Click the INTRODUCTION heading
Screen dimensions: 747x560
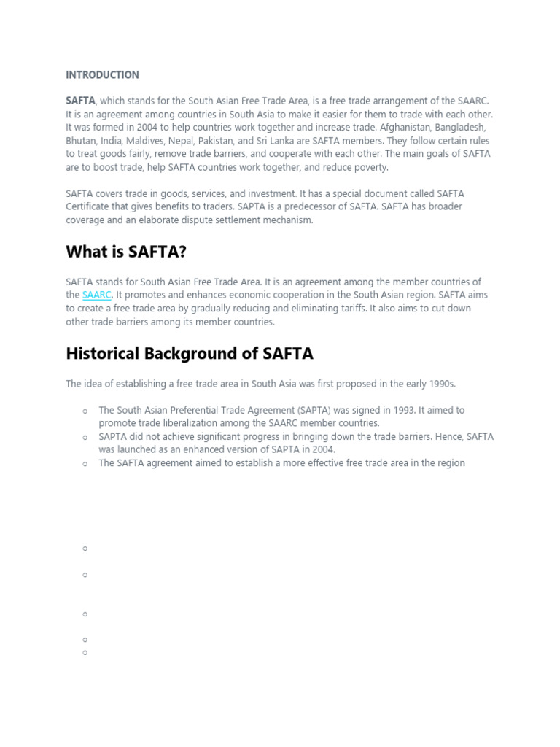(x=102, y=75)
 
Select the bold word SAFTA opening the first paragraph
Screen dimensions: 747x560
(x=80, y=101)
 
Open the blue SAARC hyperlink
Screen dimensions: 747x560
(x=96, y=295)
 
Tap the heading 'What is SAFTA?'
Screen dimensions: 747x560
(x=125, y=252)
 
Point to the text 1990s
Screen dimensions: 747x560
(x=438, y=384)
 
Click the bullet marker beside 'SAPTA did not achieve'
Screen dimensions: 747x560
(x=85, y=437)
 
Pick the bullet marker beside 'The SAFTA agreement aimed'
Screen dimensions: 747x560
(x=85, y=463)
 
